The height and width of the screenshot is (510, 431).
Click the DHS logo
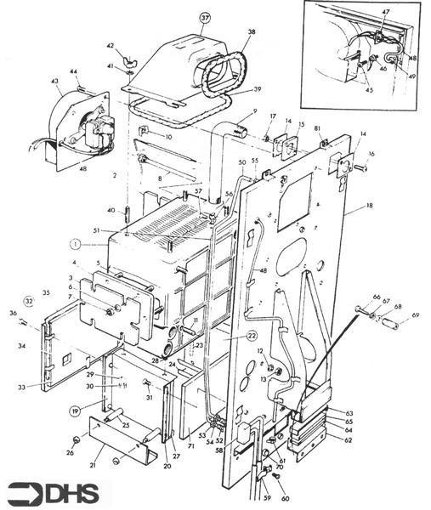(x=53, y=493)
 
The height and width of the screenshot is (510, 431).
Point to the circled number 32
(x=28, y=300)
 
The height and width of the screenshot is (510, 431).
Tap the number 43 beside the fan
(x=55, y=82)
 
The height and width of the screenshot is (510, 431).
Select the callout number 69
(x=416, y=315)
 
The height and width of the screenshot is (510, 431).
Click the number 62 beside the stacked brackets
(x=349, y=440)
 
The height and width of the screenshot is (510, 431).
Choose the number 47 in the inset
(x=385, y=13)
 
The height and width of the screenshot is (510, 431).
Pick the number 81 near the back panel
(x=318, y=129)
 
